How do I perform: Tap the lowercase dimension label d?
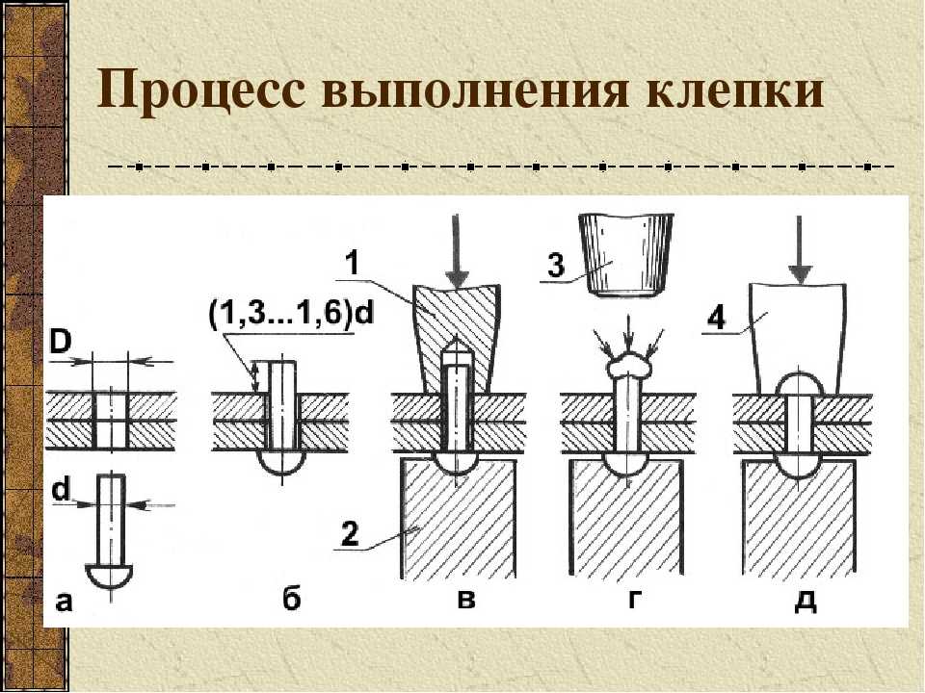tap(61, 490)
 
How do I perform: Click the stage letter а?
tap(64, 602)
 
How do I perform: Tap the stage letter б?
tap(292, 599)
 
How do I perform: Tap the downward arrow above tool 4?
tap(799, 247)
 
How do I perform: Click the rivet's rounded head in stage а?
tap(112, 577)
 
